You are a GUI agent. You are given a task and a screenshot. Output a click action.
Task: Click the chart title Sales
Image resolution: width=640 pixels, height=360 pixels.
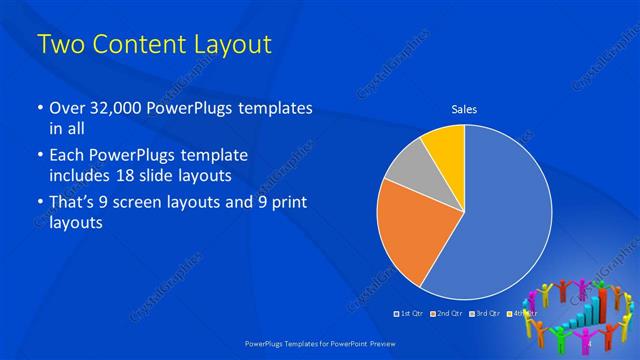pyautogui.click(x=464, y=108)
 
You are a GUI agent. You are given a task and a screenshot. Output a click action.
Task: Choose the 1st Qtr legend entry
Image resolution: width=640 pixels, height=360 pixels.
pyautogui.click(x=410, y=314)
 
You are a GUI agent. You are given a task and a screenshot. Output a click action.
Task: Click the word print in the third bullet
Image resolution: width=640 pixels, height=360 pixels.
pyautogui.click(x=284, y=203)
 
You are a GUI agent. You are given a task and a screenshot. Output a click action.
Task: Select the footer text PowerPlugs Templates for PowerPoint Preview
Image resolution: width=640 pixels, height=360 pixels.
pyautogui.click(x=319, y=342)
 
